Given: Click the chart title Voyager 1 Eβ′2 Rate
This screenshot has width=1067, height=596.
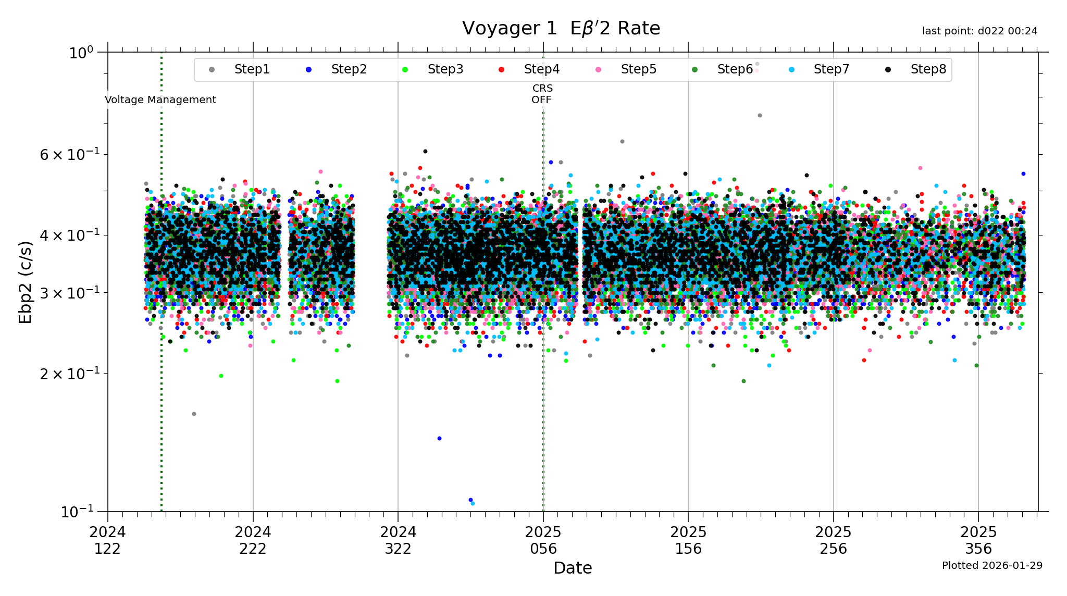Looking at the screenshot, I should [x=561, y=28].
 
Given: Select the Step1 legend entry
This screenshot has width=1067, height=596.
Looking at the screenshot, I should [x=252, y=69].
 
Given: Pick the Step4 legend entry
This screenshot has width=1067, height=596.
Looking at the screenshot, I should [x=541, y=69].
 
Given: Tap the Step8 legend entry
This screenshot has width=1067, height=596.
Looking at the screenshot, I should [x=928, y=69].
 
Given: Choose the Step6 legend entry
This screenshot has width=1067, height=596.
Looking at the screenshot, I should [x=735, y=69].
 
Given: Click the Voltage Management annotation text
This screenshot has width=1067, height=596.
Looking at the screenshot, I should [x=160, y=100].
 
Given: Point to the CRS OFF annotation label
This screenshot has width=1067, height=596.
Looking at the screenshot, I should [x=542, y=94].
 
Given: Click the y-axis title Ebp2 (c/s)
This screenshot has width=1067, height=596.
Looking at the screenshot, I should [x=26, y=282].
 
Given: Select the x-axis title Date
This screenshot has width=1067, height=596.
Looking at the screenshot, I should [x=573, y=568].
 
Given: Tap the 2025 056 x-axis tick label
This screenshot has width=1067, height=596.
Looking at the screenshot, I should [x=543, y=540].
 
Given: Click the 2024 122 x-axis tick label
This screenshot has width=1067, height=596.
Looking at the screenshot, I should [x=108, y=540].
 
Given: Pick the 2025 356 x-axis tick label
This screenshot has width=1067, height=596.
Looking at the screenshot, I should [x=978, y=540].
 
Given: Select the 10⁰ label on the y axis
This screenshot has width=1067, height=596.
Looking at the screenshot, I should [x=81, y=53].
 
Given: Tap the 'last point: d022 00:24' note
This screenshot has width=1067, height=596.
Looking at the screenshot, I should [x=979, y=31].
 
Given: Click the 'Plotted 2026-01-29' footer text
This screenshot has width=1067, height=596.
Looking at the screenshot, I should [x=992, y=565].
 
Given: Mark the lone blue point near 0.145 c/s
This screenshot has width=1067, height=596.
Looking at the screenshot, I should [x=439, y=438].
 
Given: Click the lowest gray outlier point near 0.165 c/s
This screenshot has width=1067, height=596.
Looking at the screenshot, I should [x=194, y=414].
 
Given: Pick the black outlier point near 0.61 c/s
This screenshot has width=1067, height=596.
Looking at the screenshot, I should [x=425, y=151].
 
